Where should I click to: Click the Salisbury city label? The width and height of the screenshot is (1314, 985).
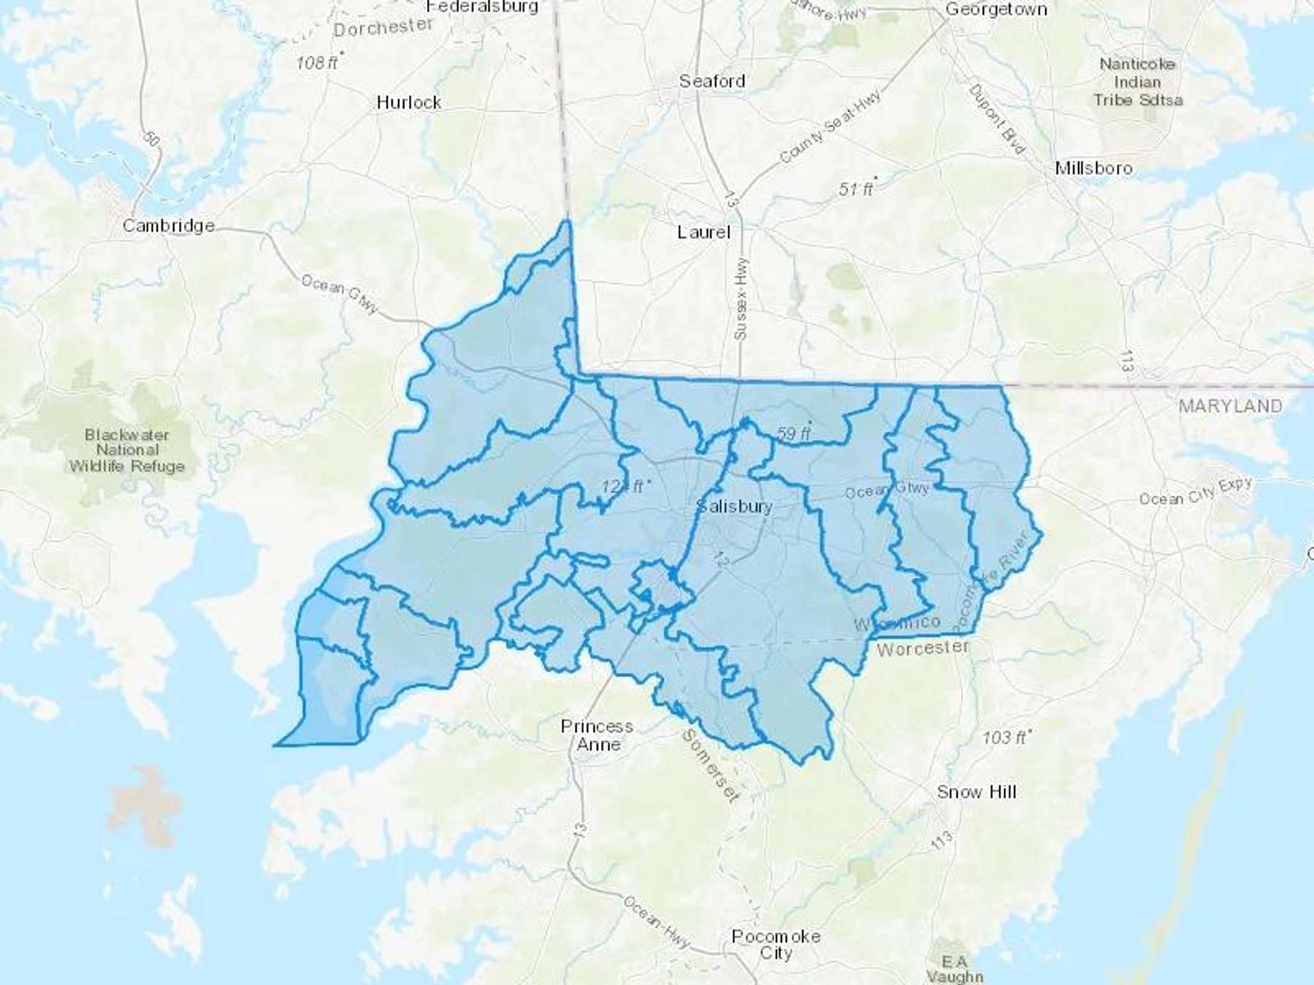tap(734, 506)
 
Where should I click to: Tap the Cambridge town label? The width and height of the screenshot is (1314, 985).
tap(169, 225)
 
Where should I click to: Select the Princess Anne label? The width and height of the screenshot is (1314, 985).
tap(597, 735)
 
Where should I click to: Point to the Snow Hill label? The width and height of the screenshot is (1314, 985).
tap(976, 792)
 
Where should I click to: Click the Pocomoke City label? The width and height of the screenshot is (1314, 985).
tap(775, 944)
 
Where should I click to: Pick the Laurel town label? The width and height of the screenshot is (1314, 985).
tap(703, 232)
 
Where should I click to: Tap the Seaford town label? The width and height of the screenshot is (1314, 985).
tap(712, 81)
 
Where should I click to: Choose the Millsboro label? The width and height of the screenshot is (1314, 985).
tap(1094, 168)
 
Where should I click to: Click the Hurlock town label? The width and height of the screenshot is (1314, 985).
tap(409, 102)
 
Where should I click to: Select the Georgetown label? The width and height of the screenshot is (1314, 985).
tap(996, 9)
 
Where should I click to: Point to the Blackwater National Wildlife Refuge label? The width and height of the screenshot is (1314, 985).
tap(127, 450)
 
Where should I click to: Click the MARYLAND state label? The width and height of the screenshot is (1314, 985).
tap(1230, 406)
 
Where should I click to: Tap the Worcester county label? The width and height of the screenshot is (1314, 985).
tap(923, 648)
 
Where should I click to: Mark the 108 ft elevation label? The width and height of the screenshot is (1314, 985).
tap(317, 63)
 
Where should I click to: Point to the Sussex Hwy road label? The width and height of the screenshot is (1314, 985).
tap(741, 299)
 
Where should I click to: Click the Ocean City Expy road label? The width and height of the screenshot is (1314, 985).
tap(1196, 492)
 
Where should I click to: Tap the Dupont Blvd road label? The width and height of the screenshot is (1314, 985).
tap(996, 119)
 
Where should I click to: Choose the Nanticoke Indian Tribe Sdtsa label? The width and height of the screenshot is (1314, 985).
tap(1137, 82)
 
